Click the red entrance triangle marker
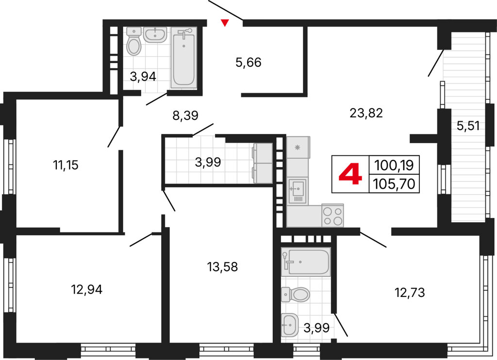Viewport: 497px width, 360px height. point(225,23)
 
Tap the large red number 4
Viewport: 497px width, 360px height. point(350,175)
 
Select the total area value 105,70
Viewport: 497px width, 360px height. point(394,184)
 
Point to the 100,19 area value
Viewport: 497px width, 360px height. point(394,165)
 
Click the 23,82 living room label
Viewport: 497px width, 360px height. point(366,113)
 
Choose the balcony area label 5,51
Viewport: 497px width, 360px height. point(468,126)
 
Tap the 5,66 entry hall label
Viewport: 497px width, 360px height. point(248,63)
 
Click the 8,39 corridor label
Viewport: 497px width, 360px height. point(185,115)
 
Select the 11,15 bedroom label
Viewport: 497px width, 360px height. point(66,165)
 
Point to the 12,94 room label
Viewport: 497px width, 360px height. point(87,289)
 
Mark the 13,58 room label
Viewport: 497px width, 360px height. point(222,267)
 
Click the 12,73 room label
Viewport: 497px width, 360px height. point(410,293)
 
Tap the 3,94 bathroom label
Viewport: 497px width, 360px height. point(143,76)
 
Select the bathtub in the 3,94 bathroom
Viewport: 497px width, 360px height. point(184,57)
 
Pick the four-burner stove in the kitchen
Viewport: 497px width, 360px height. point(332,215)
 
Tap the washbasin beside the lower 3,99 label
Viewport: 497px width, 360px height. point(290,325)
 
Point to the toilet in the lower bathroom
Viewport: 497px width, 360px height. point(295,295)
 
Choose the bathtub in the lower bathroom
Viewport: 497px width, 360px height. point(306,261)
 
